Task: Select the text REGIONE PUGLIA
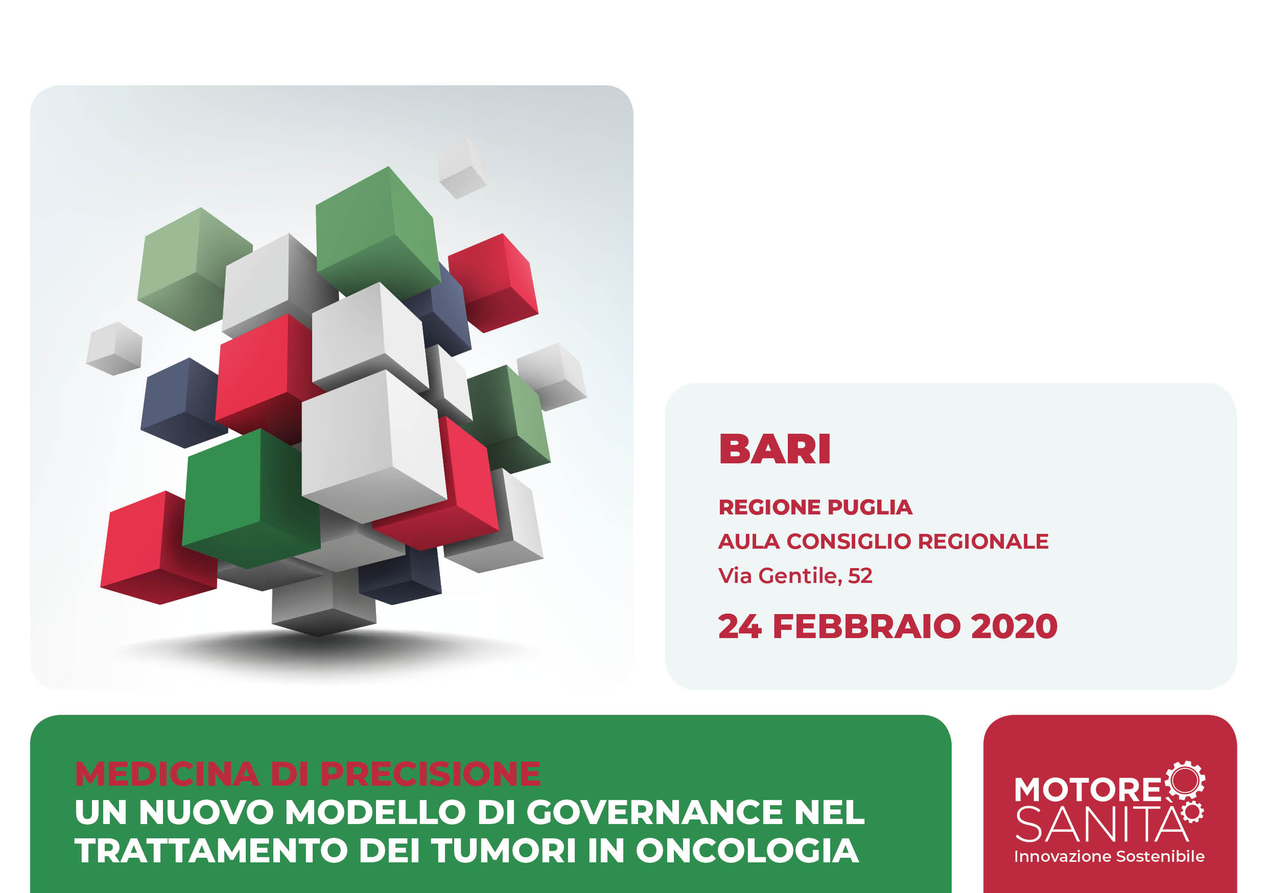[815, 507]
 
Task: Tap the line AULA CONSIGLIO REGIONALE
[883, 542]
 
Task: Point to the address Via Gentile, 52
[795, 576]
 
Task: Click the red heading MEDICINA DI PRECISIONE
[308, 773]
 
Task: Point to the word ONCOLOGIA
[747, 851]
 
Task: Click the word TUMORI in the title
[504, 851]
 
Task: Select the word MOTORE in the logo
[1088, 789]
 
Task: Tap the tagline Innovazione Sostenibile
[1109, 857]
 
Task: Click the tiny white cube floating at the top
[462, 169]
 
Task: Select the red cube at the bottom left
[158, 548]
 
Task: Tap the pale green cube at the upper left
[194, 269]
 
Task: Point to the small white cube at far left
[115, 349]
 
